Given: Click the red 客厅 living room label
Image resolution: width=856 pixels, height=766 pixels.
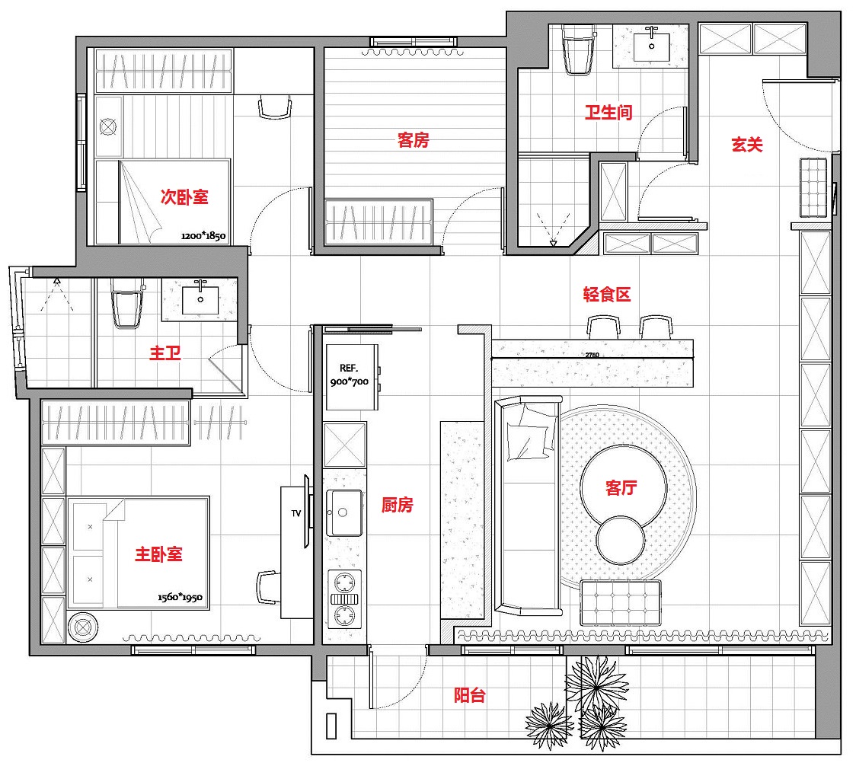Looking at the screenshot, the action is [x=621, y=487].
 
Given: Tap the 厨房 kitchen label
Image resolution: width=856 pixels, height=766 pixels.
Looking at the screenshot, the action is [x=397, y=505].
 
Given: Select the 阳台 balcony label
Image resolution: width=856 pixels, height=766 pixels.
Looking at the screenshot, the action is [x=469, y=695].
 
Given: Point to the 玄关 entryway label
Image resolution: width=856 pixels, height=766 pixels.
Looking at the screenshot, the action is [x=747, y=144].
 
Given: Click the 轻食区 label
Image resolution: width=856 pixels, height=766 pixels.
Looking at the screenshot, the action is [x=606, y=294].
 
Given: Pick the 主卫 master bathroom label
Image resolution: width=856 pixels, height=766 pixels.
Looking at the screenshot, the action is [x=164, y=353].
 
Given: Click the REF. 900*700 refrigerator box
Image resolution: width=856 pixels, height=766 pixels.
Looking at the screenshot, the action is [x=352, y=377].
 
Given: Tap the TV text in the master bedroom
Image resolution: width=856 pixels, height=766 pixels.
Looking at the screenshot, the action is [x=296, y=513].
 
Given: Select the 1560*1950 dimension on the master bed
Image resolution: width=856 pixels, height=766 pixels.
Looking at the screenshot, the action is [x=180, y=597].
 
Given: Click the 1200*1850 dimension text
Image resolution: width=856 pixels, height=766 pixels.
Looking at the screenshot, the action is [x=203, y=236].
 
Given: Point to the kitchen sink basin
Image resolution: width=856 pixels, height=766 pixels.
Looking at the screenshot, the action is [x=344, y=512].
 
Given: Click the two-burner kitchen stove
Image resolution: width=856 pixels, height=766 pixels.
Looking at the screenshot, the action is [x=344, y=599].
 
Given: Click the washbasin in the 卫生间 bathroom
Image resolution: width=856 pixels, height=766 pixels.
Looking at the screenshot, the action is [x=650, y=46].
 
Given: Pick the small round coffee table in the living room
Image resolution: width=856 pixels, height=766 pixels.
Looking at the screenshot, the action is [x=621, y=541].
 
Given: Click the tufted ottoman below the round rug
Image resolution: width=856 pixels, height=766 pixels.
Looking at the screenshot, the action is [x=621, y=603].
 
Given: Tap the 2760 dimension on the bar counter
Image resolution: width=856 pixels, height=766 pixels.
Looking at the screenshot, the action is [x=592, y=355].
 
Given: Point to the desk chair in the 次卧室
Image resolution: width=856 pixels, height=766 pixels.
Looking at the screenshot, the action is [x=274, y=107].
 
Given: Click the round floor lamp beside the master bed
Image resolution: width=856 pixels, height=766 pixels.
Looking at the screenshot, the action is [x=84, y=627].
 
